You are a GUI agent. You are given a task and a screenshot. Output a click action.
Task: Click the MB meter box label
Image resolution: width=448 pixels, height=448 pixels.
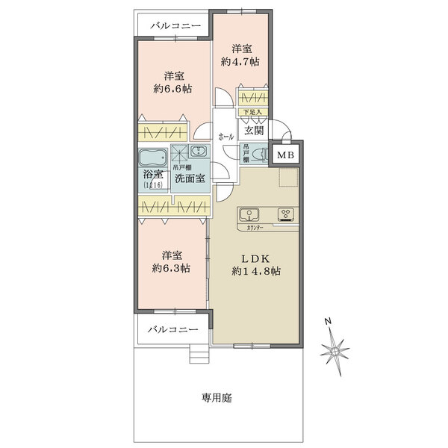[x=284, y=155]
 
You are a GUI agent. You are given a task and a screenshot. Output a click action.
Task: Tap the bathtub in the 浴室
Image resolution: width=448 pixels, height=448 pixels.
[x=152, y=158]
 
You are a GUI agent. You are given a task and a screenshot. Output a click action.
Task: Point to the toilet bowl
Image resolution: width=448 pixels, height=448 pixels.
[x=258, y=155]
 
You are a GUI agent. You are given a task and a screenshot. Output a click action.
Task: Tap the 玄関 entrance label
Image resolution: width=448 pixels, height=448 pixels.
[x=254, y=131]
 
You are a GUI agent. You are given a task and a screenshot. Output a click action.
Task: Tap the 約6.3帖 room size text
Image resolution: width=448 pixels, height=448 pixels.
[x=172, y=267]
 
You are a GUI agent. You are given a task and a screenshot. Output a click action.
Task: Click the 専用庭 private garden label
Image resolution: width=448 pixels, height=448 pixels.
[x=217, y=398]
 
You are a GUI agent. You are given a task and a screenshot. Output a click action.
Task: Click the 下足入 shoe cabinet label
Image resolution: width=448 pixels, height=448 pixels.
[x=252, y=113]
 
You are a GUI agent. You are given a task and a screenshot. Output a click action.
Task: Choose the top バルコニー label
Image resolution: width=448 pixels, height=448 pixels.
[x=175, y=26]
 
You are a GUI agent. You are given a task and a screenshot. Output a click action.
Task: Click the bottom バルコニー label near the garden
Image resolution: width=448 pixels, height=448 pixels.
[x=172, y=329]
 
